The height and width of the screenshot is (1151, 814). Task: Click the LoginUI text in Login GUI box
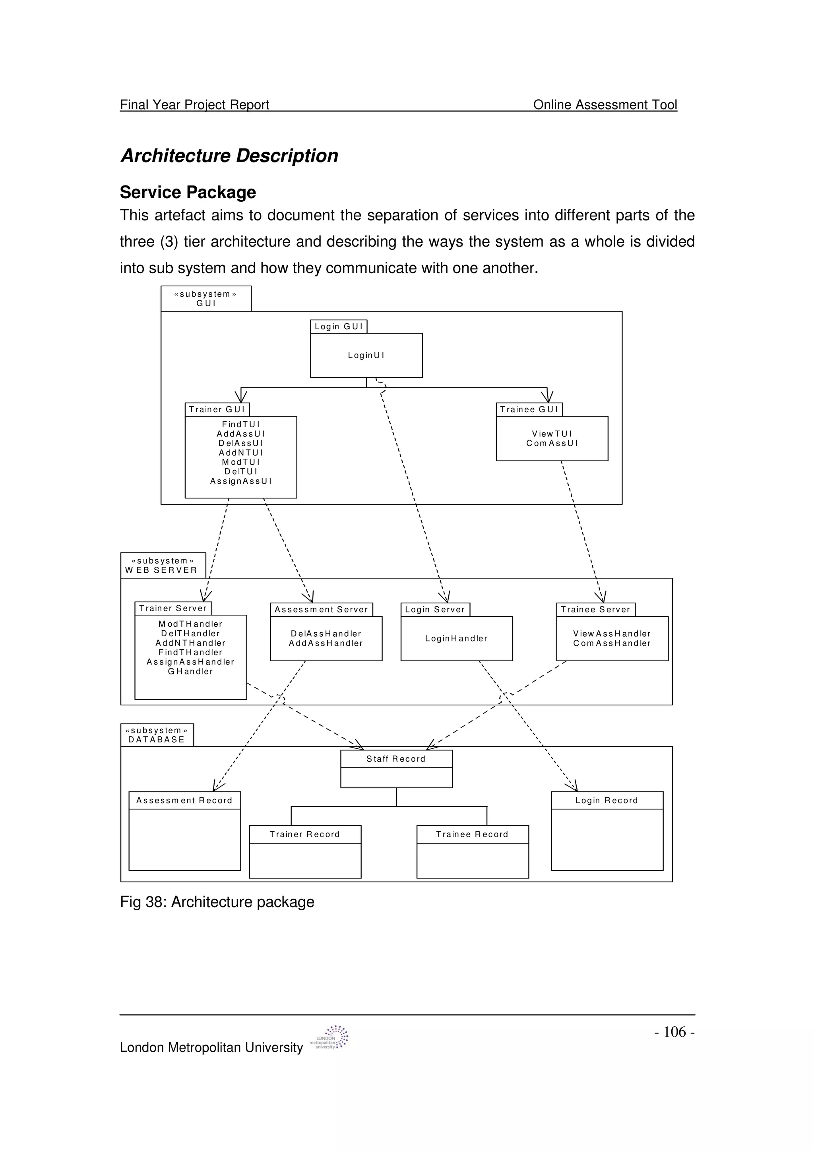pos(366,355)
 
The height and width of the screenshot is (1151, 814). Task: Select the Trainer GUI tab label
pos(217,409)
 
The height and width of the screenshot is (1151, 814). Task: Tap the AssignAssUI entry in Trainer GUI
pos(241,481)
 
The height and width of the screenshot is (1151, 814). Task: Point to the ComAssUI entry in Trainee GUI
pos(552,443)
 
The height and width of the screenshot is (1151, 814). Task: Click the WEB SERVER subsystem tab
pos(163,566)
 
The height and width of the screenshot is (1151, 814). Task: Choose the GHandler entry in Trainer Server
pos(191,671)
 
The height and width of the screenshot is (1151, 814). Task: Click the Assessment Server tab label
pos(322,610)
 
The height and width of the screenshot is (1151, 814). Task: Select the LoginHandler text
pos(456,639)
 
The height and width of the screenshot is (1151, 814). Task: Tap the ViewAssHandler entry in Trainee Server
pos(612,633)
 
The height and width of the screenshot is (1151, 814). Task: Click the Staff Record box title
pos(396,759)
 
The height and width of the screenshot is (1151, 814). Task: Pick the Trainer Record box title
pos(305,834)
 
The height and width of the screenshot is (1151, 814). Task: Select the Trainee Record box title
pos(473,834)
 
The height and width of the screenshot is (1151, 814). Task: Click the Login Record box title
pos(607,801)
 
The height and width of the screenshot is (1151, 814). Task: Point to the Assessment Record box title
pos(184,801)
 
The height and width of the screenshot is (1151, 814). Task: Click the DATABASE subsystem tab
pos(157,735)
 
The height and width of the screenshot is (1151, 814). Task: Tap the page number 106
pos(674,1032)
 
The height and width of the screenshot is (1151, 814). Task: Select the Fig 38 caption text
pos(217,902)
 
